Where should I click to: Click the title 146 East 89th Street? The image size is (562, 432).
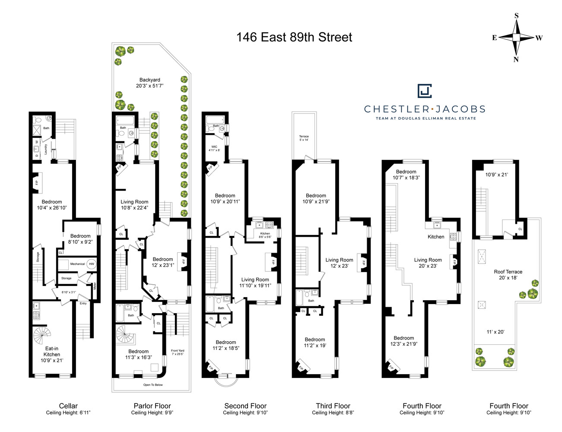[x=294, y=38]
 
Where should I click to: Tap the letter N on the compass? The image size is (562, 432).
[x=516, y=60]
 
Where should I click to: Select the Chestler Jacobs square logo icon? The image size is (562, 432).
[x=425, y=91]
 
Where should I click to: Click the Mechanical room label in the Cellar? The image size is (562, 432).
[x=78, y=264]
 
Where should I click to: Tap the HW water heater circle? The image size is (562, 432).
[x=91, y=264]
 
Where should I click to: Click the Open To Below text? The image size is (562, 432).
[x=153, y=385]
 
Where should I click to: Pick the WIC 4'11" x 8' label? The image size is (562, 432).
[x=214, y=148]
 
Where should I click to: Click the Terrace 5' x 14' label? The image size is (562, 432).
[x=304, y=138]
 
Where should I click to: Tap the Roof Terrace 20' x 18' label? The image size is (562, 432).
[x=508, y=275]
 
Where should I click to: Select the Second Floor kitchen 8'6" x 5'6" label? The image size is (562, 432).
[x=265, y=235]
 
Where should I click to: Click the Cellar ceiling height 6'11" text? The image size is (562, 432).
[x=68, y=413]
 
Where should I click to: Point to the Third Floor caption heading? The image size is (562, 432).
[x=333, y=406]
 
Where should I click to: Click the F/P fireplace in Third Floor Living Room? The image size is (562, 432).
[x=364, y=263]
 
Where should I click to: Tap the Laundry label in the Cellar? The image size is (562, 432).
[x=45, y=149]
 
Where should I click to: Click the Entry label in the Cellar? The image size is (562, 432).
[x=83, y=303]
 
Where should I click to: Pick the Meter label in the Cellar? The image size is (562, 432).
[x=95, y=286]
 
